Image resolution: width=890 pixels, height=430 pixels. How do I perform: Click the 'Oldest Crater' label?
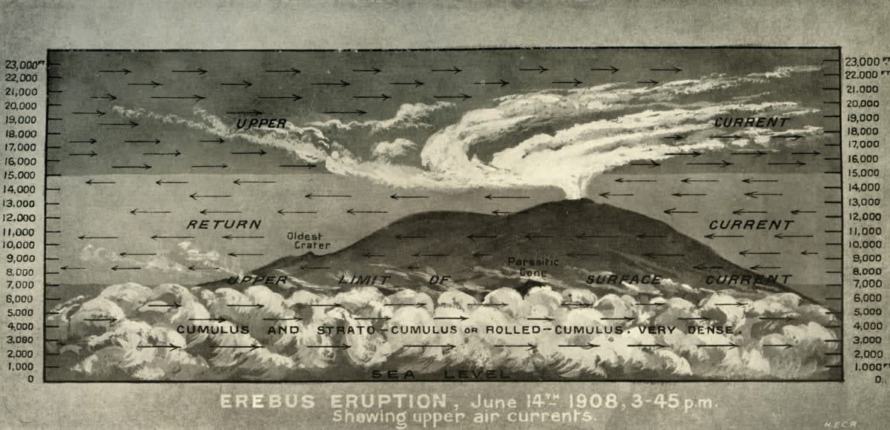point(309,240)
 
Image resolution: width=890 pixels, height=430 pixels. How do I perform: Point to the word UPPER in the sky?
point(262,124)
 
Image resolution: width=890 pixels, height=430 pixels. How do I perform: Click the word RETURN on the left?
point(223,224)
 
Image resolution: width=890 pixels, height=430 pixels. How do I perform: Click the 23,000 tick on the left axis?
point(22,64)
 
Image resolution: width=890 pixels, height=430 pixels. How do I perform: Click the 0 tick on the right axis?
point(878,379)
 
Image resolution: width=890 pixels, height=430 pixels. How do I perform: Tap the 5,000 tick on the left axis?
point(23,312)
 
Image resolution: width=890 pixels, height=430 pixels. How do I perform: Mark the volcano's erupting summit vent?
point(578,197)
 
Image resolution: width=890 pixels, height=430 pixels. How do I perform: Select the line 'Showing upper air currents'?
point(464,417)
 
